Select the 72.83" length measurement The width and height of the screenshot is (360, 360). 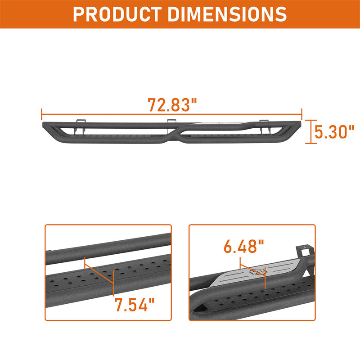[173, 105]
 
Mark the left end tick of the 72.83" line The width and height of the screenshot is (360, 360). [41, 114]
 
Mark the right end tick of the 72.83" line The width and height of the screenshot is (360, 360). [302, 114]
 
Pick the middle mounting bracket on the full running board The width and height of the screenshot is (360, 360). [171, 121]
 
